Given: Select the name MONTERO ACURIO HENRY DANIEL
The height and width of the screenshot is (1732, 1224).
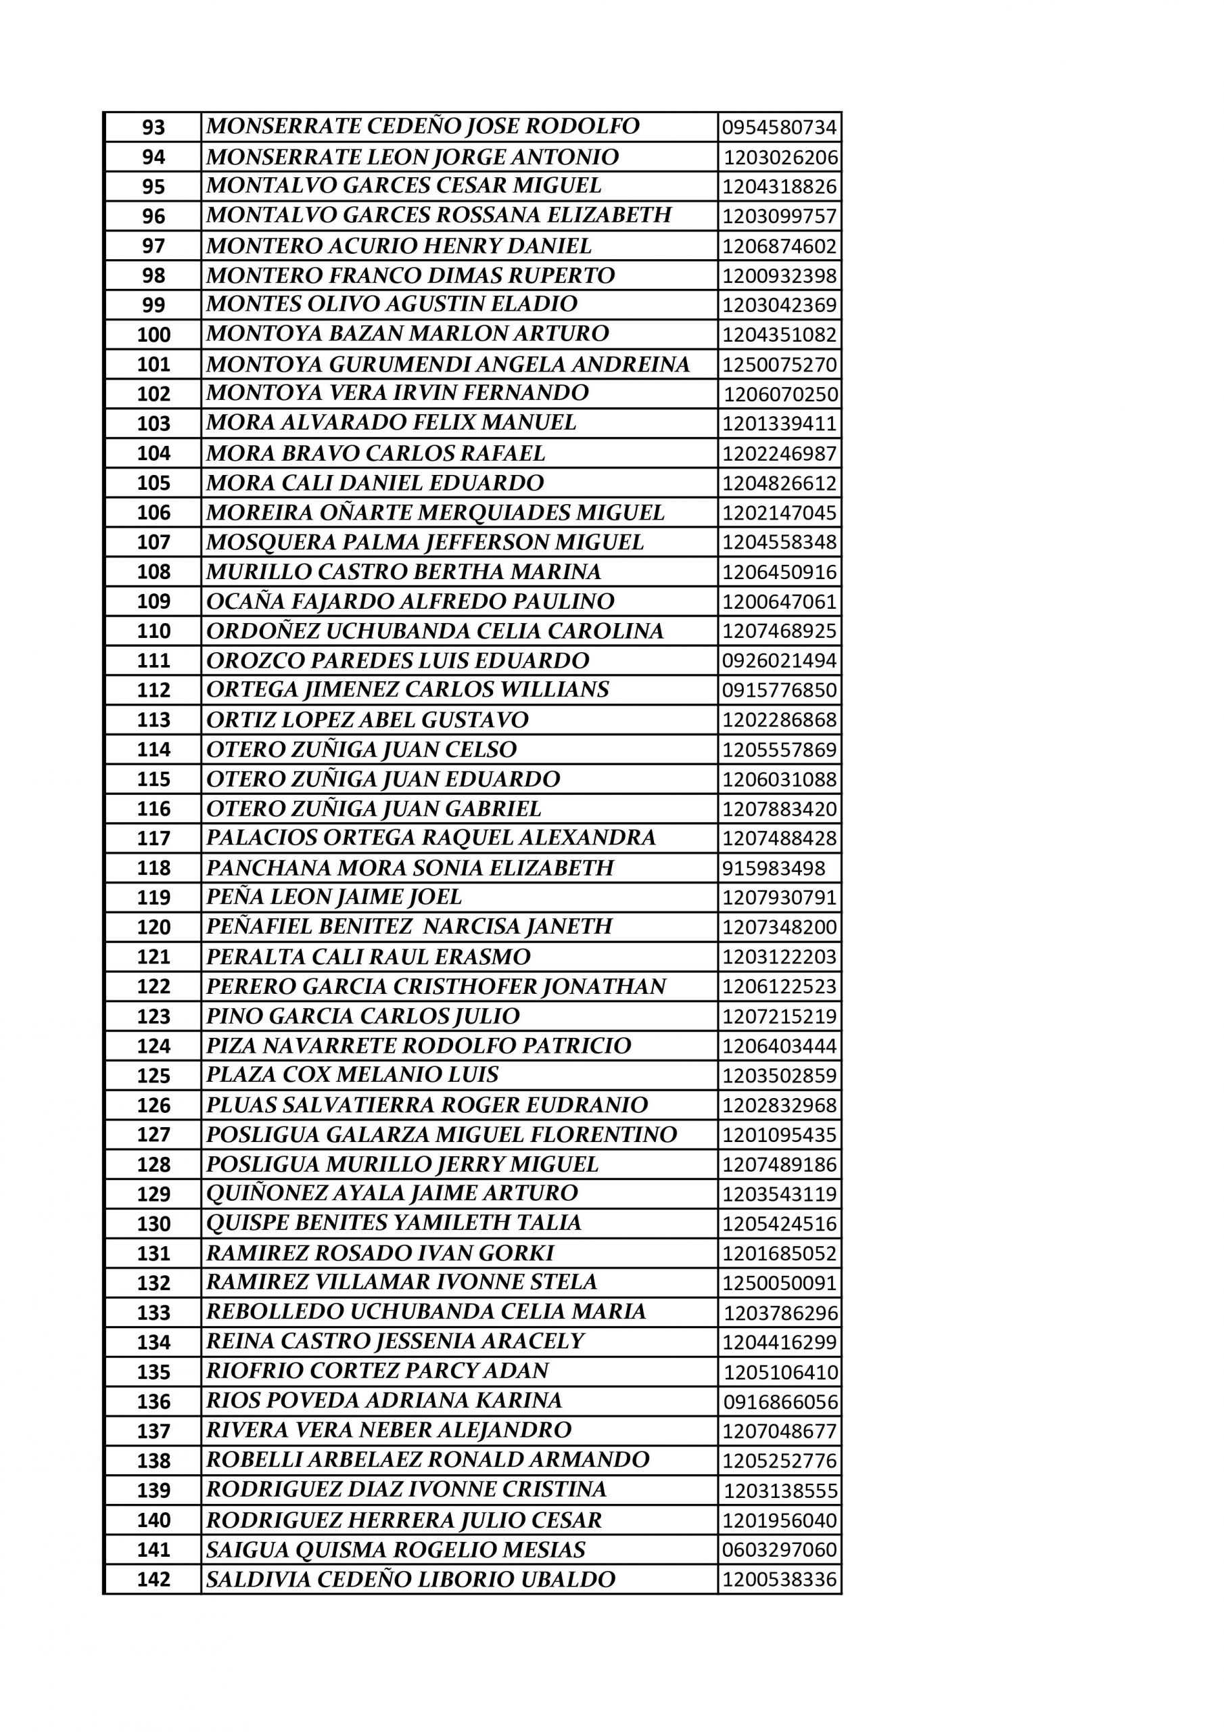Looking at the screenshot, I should (399, 246).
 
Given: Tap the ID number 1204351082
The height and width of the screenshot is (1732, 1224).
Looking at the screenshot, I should (779, 335).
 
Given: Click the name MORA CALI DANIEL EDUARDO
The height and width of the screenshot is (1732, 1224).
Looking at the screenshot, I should (375, 483).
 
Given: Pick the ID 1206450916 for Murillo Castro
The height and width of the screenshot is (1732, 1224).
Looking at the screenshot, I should (779, 572).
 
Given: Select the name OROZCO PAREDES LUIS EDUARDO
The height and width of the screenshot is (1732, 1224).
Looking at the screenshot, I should (398, 661).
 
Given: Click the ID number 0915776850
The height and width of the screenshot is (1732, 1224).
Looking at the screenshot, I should (779, 690).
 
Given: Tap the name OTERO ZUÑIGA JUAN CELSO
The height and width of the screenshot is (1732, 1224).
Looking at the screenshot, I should (361, 750).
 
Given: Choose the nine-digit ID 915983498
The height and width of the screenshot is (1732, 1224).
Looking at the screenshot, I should (773, 868).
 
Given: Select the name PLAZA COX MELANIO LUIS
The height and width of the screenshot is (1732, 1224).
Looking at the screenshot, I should (352, 1075).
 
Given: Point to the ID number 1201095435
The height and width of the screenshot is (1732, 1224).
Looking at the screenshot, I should (779, 1135).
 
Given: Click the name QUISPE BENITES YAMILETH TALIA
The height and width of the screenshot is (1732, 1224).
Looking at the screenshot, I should (394, 1223).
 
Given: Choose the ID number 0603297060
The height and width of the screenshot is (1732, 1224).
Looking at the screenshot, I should (779, 1550).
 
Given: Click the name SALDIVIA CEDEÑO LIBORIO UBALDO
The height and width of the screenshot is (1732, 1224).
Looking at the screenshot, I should (410, 1580).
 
